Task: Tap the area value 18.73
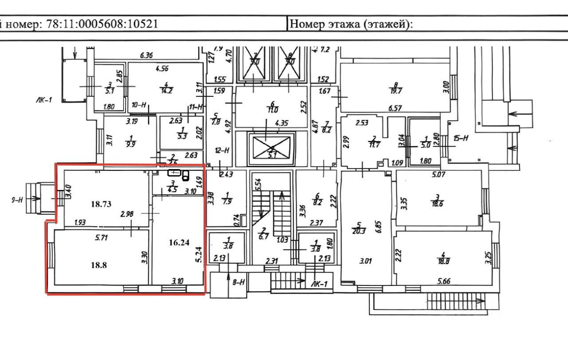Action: point(101,204)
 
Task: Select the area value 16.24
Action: point(179,242)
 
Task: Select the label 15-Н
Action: point(461,138)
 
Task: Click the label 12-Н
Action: point(221,150)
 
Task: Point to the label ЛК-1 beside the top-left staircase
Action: point(44,100)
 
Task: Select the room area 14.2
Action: point(166,88)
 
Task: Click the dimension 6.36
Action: point(146,55)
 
